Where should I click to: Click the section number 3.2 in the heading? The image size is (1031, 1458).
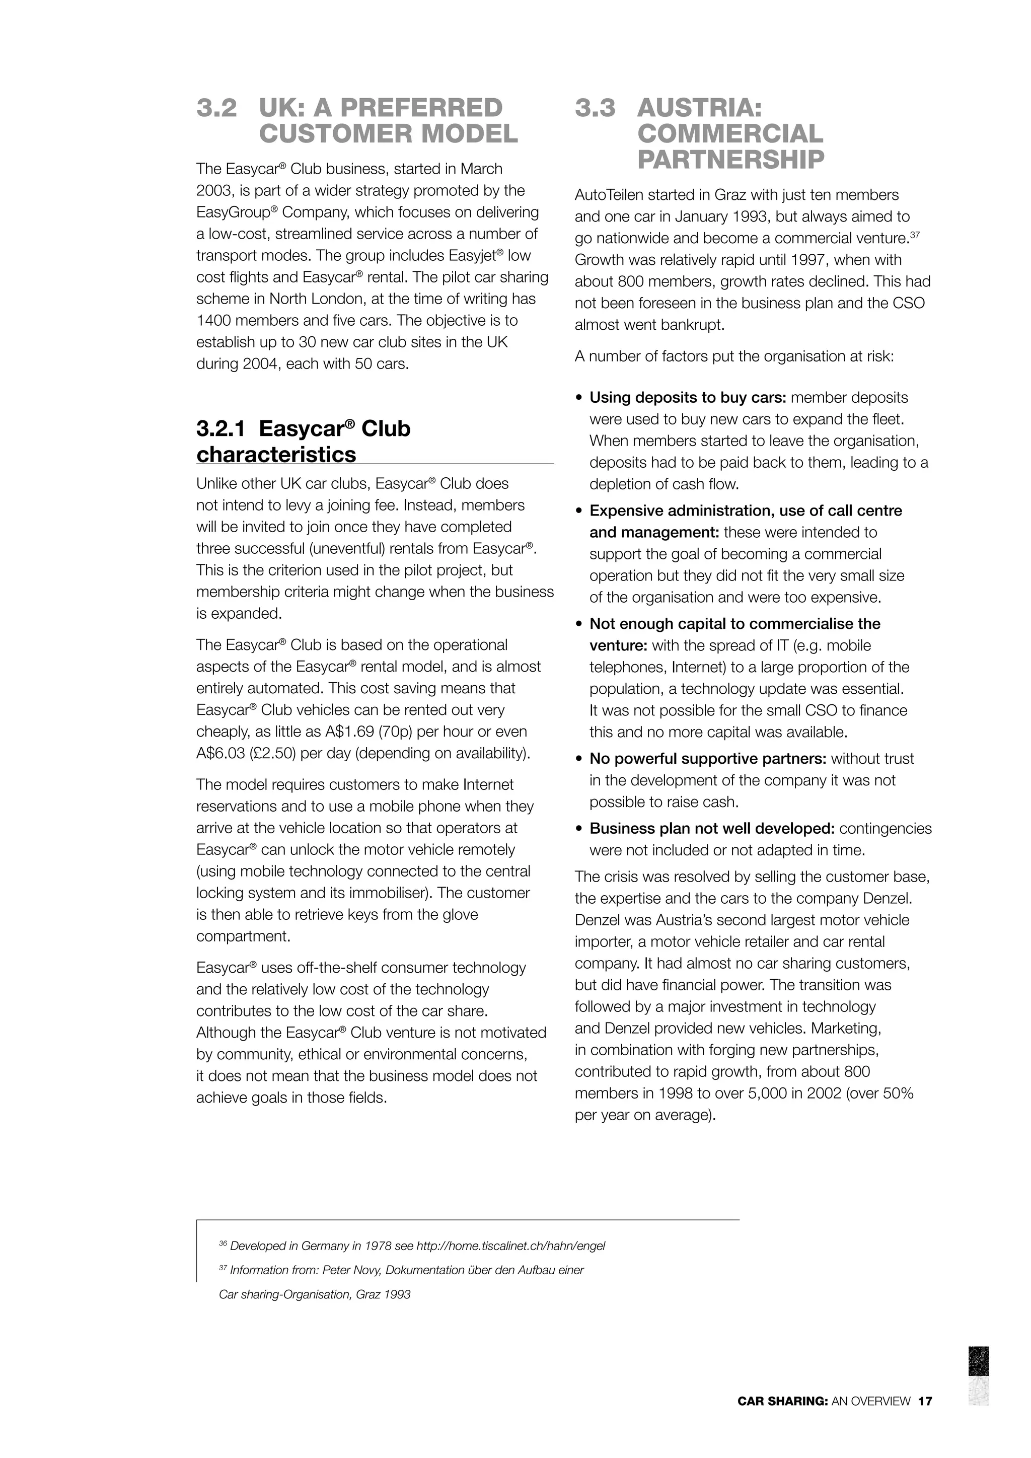point(216,108)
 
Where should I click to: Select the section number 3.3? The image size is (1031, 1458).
point(595,108)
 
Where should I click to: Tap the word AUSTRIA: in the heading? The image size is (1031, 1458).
point(699,108)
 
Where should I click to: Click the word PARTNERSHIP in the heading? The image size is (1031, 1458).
point(731,160)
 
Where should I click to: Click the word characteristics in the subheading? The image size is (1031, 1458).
point(276,455)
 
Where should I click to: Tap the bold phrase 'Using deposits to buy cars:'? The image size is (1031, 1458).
point(688,398)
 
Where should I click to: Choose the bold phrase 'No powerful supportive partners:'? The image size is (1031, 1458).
point(708,759)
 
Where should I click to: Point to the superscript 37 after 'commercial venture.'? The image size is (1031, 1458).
point(915,235)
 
